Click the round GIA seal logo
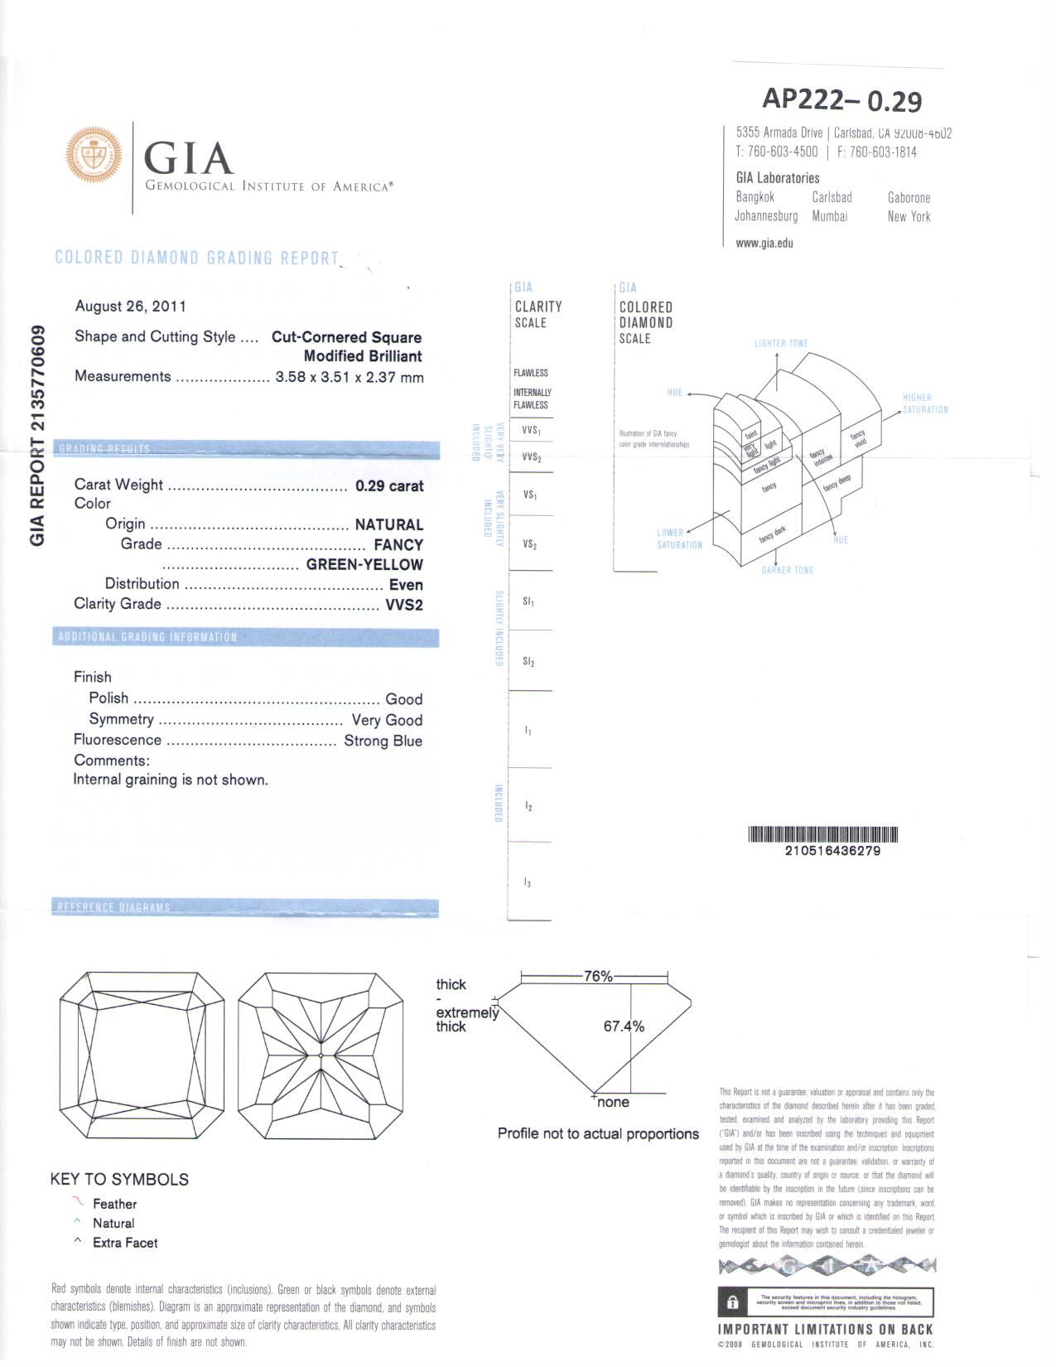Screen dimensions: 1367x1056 click(94, 155)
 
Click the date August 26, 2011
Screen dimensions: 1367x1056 click(131, 307)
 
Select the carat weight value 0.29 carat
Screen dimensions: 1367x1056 click(389, 486)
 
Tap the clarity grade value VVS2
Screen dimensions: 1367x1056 click(404, 606)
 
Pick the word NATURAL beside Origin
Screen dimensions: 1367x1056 click(388, 525)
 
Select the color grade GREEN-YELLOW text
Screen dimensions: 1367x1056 click(364, 565)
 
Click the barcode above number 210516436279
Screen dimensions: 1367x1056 click(822, 834)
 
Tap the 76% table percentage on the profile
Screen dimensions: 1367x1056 click(598, 977)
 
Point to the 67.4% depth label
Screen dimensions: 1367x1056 click(624, 1026)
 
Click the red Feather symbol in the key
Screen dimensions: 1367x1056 click(78, 1202)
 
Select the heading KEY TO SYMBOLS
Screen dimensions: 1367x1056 click(119, 1180)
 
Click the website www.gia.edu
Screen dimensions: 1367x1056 click(764, 244)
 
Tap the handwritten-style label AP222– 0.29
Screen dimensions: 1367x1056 click(841, 100)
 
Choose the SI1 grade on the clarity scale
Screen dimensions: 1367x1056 click(528, 601)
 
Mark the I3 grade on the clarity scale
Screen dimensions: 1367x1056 click(528, 883)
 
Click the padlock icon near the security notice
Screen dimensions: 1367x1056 click(732, 1302)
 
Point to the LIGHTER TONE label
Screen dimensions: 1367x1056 click(781, 344)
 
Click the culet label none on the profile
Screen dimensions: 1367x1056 click(613, 1103)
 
